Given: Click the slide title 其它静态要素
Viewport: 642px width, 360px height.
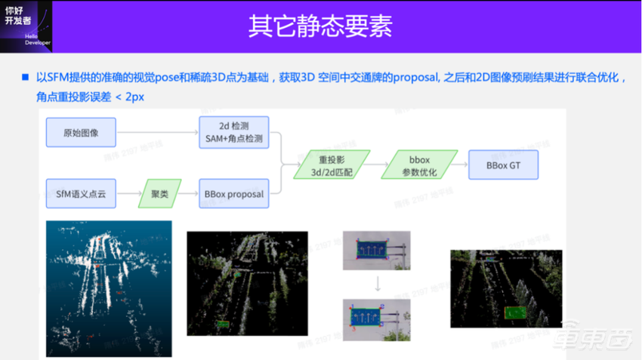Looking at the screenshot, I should pos(320,25).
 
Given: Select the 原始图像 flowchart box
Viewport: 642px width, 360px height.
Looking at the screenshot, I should pos(82,132).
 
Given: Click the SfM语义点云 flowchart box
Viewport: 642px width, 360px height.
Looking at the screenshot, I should pos(80,194).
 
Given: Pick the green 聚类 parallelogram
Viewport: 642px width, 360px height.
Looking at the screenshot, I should pos(159,194).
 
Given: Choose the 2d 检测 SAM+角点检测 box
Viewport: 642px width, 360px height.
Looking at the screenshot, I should pos(233,132).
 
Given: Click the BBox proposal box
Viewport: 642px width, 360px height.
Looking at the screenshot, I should pos(233,194).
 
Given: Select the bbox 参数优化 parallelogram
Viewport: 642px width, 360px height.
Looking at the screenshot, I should pos(419,164).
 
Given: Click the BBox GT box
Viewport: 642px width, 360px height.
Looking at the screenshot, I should pos(503,164).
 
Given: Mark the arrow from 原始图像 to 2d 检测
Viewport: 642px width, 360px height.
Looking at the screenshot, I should pos(156,132).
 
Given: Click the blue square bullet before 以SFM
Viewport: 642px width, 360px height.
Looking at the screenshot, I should pos(26,78).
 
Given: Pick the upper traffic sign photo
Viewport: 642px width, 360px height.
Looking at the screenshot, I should pos(375,251).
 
